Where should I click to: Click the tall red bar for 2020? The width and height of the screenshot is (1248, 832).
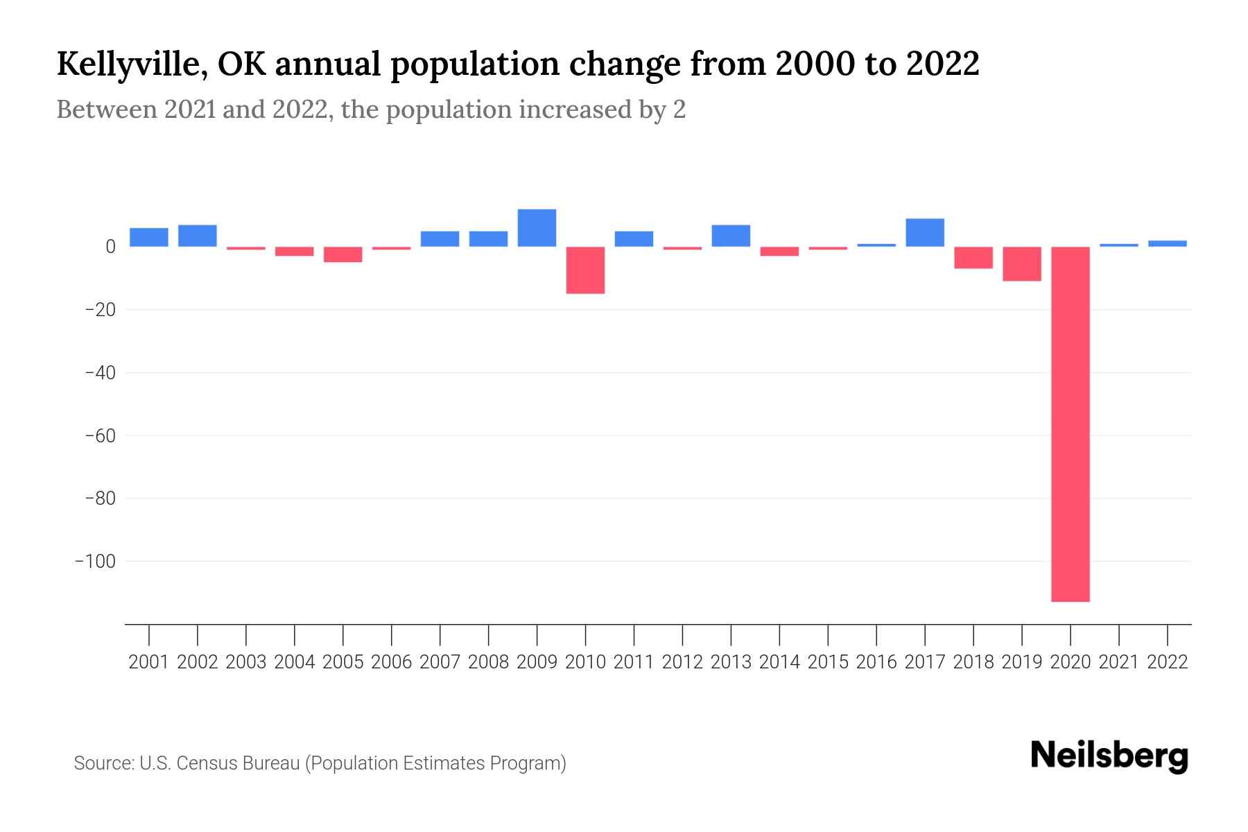coord(1070,424)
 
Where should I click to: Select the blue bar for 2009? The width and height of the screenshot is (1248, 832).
coord(537,228)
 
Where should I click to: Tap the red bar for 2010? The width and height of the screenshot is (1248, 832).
coord(585,270)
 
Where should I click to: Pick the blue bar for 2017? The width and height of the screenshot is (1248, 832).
coord(925,233)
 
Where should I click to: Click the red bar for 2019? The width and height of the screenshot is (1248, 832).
coord(1021,263)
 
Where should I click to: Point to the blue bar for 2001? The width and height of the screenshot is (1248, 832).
coord(149,237)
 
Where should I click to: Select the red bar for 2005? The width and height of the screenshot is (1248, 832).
coord(343,254)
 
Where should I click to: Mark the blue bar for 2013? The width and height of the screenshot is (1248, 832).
coord(731,236)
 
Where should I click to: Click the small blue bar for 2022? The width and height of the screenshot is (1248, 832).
coord(1167,243)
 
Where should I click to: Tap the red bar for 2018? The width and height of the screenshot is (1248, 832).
coord(973,257)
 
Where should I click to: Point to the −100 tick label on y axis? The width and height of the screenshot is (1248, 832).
coord(95,561)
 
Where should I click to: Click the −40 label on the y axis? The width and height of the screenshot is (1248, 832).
coord(100,372)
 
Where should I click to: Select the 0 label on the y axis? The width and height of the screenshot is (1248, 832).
coord(110,246)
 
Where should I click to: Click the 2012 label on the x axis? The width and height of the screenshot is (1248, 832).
coord(682,662)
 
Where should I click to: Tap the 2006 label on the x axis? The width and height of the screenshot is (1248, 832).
coord(392,662)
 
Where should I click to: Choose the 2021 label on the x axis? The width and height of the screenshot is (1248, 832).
coord(1118,662)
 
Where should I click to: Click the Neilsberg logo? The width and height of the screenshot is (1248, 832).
coord(1109,756)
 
